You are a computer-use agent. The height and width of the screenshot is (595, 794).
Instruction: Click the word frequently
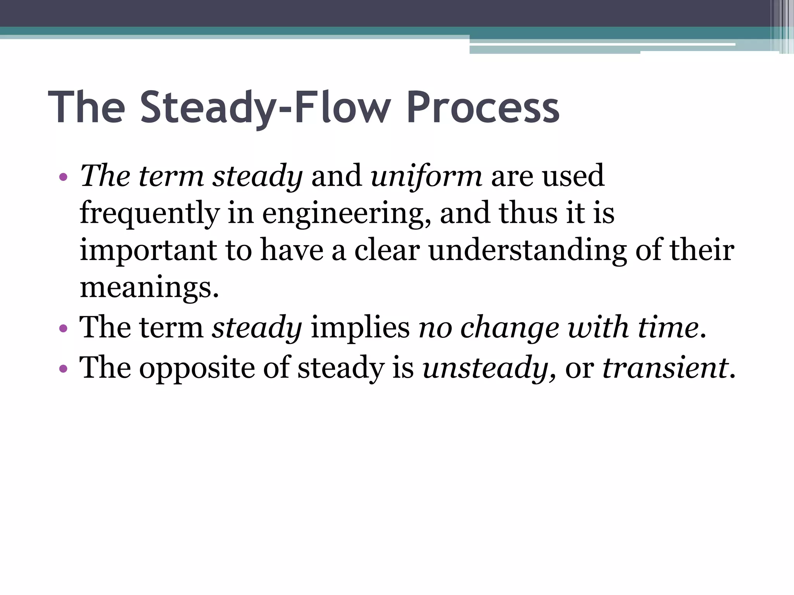tap(150, 214)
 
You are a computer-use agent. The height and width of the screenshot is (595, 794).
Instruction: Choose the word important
tap(148, 251)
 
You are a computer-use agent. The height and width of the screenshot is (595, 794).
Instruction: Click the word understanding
tap(527, 251)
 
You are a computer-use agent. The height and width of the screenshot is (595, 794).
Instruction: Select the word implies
tap(360, 328)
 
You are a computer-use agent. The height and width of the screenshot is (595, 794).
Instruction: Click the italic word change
tap(509, 328)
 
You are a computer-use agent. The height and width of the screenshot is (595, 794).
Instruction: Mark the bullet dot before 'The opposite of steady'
tap(63, 368)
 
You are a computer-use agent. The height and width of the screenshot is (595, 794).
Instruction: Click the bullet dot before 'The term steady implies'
tap(63, 329)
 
